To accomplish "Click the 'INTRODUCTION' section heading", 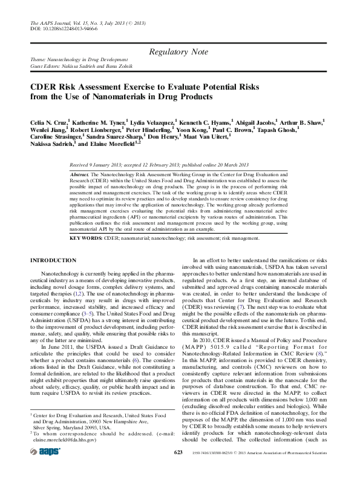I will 53,260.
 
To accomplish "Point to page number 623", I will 178,469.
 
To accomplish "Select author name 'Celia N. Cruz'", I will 49,122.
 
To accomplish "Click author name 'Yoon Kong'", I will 191,130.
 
